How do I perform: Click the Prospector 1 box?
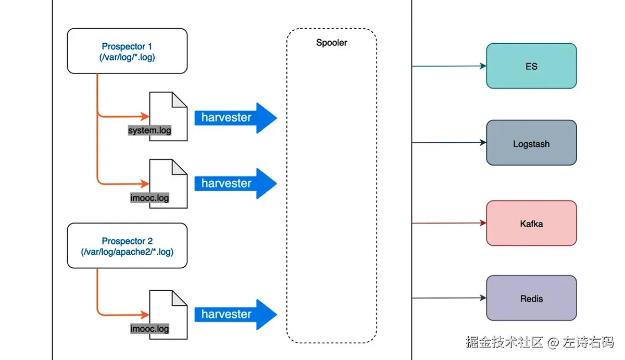[127, 51]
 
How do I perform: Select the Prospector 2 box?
[127, 246]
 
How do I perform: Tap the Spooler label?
[331, 43]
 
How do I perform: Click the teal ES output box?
[531, 66]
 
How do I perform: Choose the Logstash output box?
[531, 143]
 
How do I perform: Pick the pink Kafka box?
[531, 224]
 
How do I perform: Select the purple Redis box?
[531, 299]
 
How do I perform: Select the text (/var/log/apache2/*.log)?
[127, 252]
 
